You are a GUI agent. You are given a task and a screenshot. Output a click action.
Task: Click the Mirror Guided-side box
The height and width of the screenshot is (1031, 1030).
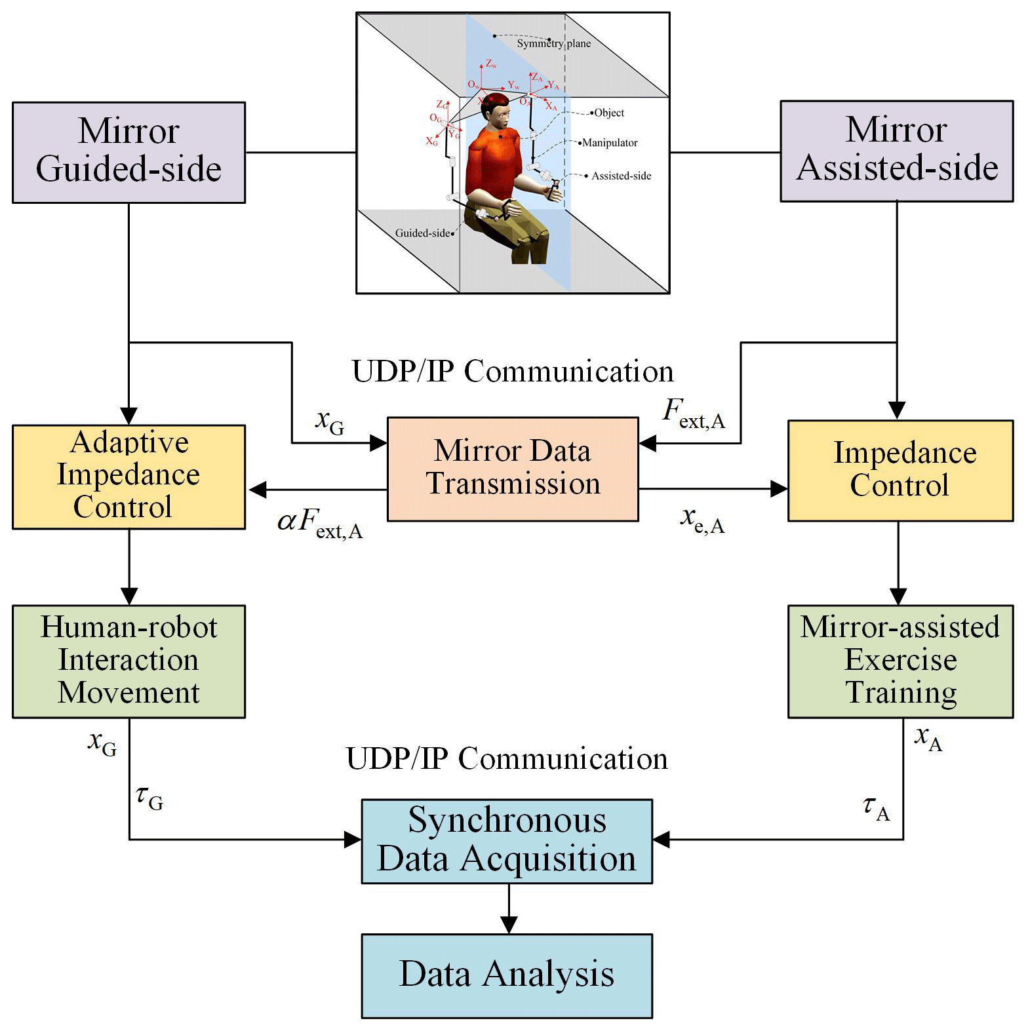coord(129,152)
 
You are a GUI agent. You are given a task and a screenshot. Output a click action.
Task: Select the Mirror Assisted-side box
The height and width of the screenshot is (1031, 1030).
coord(896,151)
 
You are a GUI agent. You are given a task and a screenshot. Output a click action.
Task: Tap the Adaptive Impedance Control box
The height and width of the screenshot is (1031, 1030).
coord(129,477)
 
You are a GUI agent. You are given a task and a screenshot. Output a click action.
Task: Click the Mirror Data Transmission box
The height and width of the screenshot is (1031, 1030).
coord(513,469)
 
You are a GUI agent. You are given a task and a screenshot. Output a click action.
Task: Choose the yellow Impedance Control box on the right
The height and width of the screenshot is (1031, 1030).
coord(900,470)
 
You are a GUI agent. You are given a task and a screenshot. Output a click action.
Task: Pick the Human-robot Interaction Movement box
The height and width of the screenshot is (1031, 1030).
coord(129,661)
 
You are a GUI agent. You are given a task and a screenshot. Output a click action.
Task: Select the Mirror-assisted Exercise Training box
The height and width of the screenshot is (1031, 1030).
coord(900,661)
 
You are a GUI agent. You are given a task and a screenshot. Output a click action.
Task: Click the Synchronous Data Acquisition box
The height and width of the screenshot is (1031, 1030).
coord(507,840)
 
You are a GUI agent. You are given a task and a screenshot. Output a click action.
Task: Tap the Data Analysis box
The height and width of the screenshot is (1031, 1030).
coord(507,975)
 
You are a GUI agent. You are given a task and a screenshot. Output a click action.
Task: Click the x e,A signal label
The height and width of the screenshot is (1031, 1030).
coord(702,520)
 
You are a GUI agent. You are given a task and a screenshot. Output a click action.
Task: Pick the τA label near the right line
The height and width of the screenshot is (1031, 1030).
coord(876,808)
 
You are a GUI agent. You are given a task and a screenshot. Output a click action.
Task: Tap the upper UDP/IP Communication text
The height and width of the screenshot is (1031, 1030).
coord(513,371)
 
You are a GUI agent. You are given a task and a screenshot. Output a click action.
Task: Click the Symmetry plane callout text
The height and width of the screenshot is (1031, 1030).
coord(553,43)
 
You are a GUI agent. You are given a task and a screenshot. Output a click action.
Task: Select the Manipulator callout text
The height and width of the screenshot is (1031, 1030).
coord(610,143)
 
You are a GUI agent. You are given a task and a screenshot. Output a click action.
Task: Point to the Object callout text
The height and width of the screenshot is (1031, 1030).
coord(609,113)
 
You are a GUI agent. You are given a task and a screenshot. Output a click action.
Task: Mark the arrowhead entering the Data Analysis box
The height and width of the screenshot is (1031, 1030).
coord(509,925)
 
